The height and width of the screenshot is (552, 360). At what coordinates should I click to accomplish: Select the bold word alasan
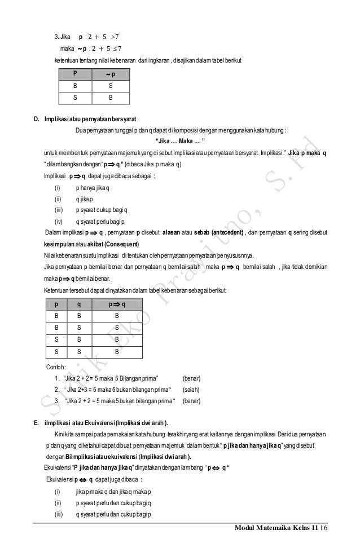click(171, 232)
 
